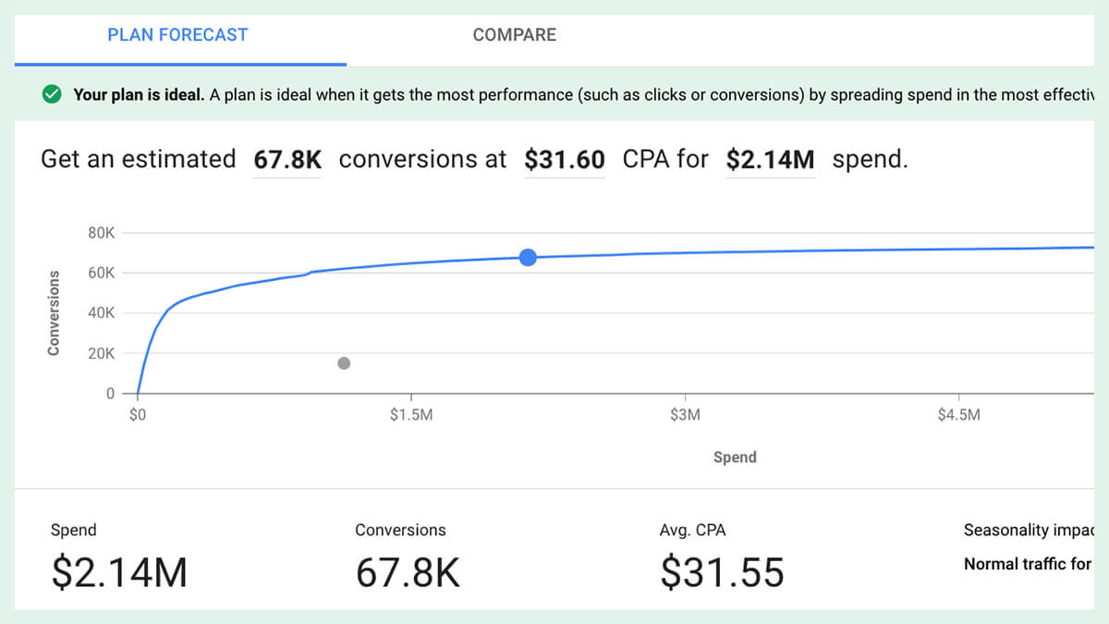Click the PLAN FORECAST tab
[x=177, y=35]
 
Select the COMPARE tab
[x=514, y=35]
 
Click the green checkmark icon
[x=53, y=94]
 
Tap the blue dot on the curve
[x=528, y=257]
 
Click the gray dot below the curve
[x=344, y=363]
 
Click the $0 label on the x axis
[x=138, y=415]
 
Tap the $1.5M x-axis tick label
[x=411, y=415]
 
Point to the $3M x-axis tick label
[x=685, y=415]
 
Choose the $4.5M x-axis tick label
[x=958, y=415]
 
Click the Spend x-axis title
[x=735, y=457]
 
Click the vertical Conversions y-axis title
[x=54, y=312]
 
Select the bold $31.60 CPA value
[x=564, y=160]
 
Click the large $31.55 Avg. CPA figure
[x=722, y=572]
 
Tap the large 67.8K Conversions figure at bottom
[x=408, y=572]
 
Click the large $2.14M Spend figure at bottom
[x=119, y=572]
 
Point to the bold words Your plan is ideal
[x=139, y=94]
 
